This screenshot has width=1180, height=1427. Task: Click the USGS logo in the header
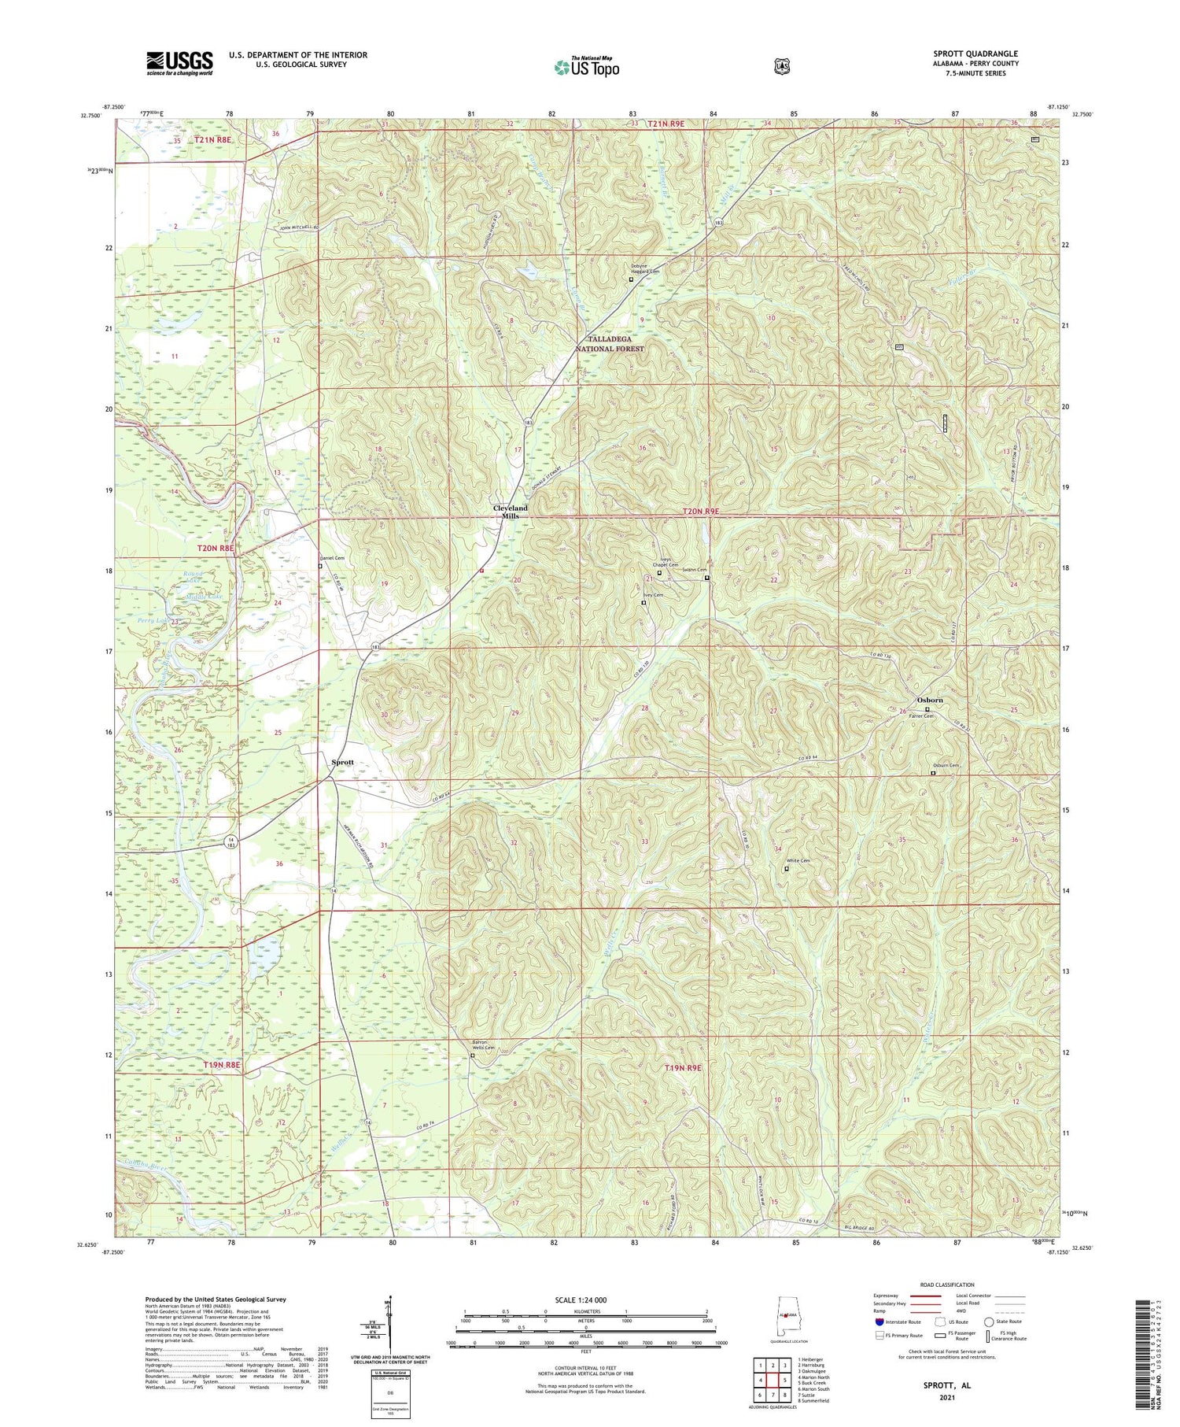[x=179, y=63]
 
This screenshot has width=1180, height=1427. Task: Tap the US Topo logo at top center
[x=587, y=67]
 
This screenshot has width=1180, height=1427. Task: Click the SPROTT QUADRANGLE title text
[x=975, y=54]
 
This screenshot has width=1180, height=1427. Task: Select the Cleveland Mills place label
[x=511, y=512]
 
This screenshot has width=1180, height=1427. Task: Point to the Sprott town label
[x=342, y=762]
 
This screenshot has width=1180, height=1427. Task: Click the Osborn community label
[x=929, y=700]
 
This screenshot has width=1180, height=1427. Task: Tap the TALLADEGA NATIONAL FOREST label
[x=609, y=343]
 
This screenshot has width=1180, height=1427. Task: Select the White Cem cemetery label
[x=798, y=860]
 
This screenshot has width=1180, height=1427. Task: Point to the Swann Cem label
[x=694, y=570]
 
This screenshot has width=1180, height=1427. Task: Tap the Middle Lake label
[x=205, y=597]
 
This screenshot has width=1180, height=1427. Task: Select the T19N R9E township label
[x=682, y=1067]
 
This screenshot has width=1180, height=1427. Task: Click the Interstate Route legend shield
[x=880, y=1322]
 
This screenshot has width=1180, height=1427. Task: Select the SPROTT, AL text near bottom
[x=949, y=1384]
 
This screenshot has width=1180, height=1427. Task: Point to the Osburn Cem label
[x=946, y=765]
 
